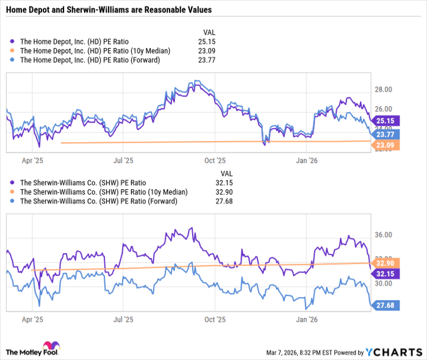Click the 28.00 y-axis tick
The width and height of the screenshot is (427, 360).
pos(383,90)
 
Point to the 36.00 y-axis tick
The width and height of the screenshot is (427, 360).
pos(383,235)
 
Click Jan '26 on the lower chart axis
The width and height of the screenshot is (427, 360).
pos(306,319)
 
